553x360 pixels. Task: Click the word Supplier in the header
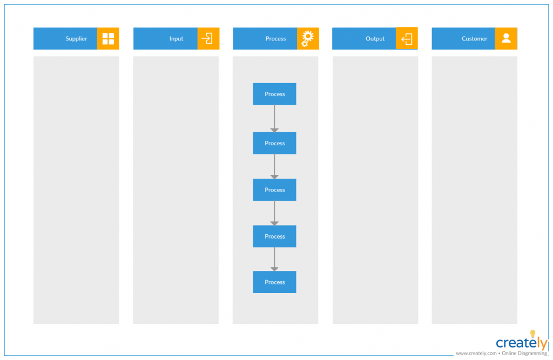(x=76, y=39)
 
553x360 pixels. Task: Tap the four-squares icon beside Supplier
(x=108, y=39)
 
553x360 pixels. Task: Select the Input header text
(x=176, y=39)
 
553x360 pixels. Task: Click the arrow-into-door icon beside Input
(x=207, y=39)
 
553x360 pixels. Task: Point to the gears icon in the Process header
(x=307, y=39)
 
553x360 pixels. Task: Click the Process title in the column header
(x=275, y=39)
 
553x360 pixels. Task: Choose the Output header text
(x=375, y=39)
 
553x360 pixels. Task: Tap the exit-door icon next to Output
(x=407, y=39)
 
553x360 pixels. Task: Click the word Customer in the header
(x=474, y=39)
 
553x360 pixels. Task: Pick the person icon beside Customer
(x=506, y=38)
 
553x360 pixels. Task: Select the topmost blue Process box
(x=274, y=94)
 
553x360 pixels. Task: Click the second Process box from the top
(x=274, y=143)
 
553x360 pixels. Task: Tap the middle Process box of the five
(x=274, y=190)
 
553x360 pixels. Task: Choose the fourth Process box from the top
(x=274, y=236)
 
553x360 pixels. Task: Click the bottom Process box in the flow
(x=274, y=282)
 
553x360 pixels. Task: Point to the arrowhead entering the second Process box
(x=274, y=130)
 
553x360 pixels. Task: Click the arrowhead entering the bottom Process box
(x=274, y=269)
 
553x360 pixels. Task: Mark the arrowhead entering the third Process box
(x=274, y=176)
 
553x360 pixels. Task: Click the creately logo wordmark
(x=521, y=343)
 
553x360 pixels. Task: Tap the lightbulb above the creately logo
(x=532, y=334)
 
